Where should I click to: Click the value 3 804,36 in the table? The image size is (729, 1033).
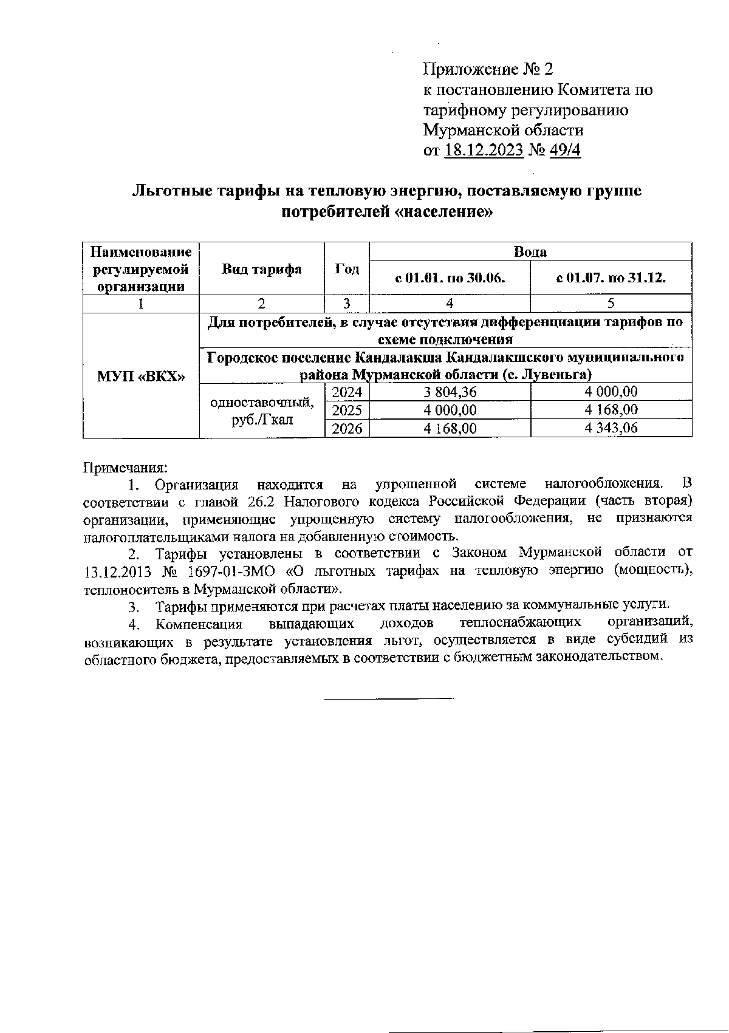(x=450, y=392)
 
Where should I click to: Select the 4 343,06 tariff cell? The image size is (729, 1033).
(x=611, y=428)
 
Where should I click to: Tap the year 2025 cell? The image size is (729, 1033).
(x=347, y=410)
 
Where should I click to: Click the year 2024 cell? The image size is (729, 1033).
(x=347, y=392)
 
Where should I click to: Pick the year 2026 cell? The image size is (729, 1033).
(x=347, y=428)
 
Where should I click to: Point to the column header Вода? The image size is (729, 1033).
(x=530, y=251)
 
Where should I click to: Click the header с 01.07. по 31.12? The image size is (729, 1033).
(x=611, y=278)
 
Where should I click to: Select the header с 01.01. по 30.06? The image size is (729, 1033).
(x=450, y=278)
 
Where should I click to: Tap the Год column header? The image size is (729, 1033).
(x=347, y=269)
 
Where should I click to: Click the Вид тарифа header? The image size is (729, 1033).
(x=262, y=269)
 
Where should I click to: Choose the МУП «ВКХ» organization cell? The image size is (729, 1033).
(x=141, y=375)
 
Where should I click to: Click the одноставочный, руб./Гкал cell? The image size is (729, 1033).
(x=262, y=410)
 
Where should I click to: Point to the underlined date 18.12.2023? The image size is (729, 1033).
(x=484, y=150)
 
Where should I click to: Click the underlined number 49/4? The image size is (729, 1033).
(x=565, y=150)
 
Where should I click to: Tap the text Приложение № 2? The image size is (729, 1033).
(x=488, y=69)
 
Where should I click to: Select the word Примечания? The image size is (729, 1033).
(x=125, y=468)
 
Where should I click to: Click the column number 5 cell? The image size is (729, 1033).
(x=611, y=304)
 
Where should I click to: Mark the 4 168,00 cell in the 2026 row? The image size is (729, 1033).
(x=450, y=428)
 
